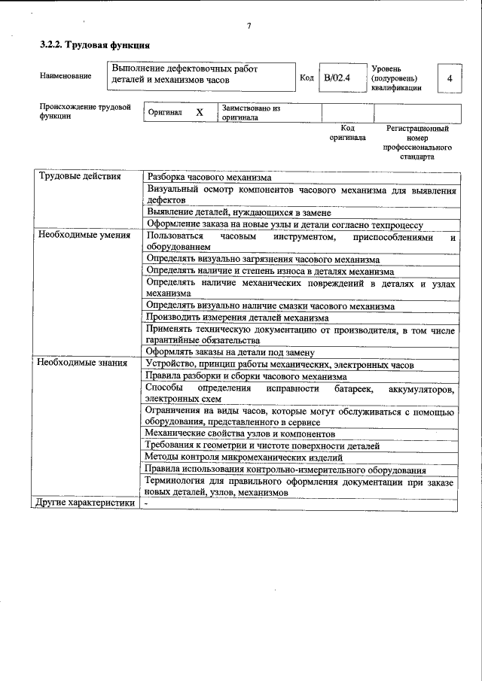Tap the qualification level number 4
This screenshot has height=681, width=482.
[x=449, y=78]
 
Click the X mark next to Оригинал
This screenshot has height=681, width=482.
[x=200, y=112]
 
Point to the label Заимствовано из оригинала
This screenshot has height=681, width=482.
[x=251, y=113]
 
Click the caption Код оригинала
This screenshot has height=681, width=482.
[x=347, y=133]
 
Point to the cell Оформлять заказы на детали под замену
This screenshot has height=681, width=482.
[x=230, y=352]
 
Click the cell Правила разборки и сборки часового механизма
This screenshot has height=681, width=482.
[x=246, y=376]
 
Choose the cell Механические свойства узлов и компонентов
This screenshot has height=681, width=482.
[x=239, y=434]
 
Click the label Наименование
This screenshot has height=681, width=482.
[x=66, y=76]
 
